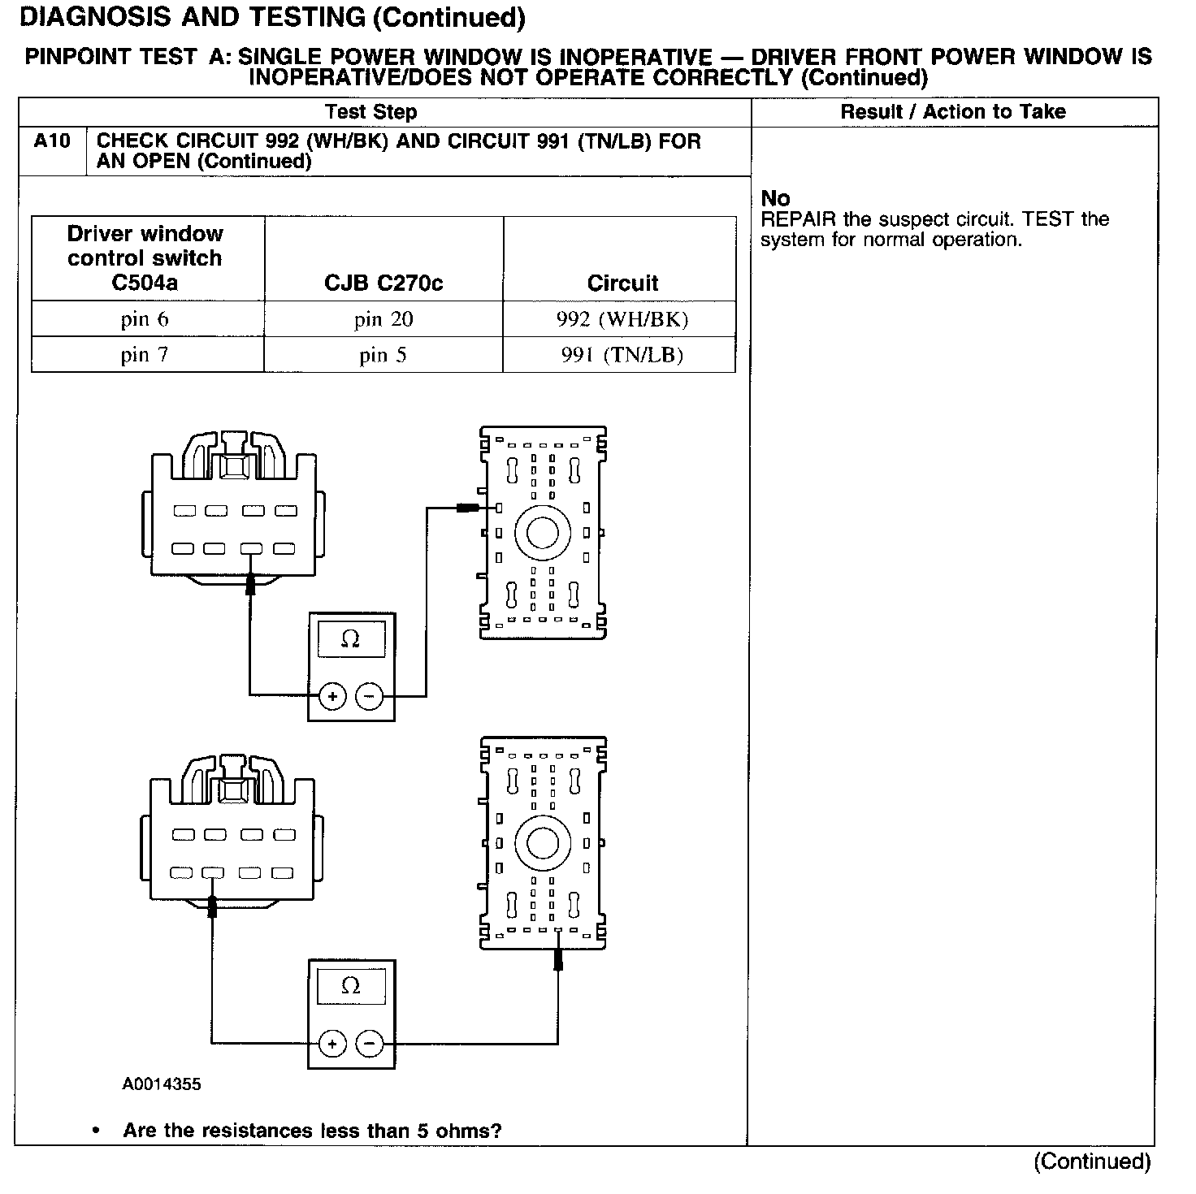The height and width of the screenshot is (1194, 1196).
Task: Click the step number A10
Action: tap(52, 141)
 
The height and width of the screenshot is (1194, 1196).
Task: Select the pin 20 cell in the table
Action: tap(383, 319)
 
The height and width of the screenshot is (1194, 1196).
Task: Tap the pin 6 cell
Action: tap(145, 319)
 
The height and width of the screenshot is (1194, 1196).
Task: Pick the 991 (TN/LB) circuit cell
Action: tap(622, 355)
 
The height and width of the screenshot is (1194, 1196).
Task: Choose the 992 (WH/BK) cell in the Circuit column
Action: tap(622, 319)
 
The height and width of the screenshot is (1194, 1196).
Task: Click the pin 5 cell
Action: tap(383, 355)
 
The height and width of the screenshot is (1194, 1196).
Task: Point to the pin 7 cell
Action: tap(145, 355)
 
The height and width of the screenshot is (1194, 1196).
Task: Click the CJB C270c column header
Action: tap(383, 283)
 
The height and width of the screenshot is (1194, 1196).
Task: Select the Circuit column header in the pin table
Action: tap(622, 283)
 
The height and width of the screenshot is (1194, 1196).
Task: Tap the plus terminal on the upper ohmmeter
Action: tap(332, 696)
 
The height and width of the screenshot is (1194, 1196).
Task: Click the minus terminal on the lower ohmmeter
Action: tap(370, 1044)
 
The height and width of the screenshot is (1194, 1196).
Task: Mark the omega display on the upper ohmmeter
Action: tap(351, 639)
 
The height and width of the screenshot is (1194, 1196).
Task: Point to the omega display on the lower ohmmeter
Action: tap(351, 986)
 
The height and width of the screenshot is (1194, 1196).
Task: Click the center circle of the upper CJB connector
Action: tap(542, 533)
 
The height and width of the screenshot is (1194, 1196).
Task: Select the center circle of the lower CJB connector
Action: tap(542, 843)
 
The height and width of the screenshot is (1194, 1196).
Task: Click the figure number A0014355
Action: tap(162, 1084)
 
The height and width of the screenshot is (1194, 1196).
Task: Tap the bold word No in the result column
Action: tap(775, 198)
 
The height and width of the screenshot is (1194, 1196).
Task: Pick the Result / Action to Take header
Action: tap(953, 112)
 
